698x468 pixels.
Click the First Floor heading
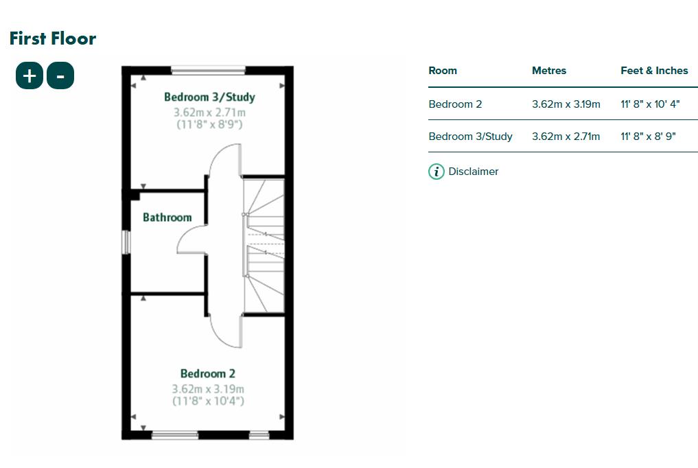click(x=53, y=38)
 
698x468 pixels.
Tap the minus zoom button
click(x=60, y=75)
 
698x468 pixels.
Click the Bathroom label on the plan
click(x=167, y=218)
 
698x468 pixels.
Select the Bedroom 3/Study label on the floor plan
click(x=209, y=97)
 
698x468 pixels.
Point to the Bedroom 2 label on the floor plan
click(x=208, y=374)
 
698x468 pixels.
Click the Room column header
click(x=443, y=71)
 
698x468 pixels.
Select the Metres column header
click(x=549, y=71)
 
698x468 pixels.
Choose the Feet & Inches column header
click(x=654, y=71)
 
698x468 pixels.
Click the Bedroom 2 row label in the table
click(x=455, y=104)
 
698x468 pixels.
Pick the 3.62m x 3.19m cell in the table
click(x=566, y=104)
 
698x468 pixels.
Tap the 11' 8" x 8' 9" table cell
click(x=649, y=137)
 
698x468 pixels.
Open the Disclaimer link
click(x=474, y=172)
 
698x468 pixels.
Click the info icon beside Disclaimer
click(x=437, y=172)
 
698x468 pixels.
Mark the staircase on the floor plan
click(x=264, y=245)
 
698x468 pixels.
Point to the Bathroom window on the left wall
click(x=126, y=242)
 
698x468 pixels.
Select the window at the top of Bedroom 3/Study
click(x=208, y=69)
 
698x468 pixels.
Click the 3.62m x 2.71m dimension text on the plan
click(x=209, y=113)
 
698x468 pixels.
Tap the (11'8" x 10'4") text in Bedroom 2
click(x=208, y=401)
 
